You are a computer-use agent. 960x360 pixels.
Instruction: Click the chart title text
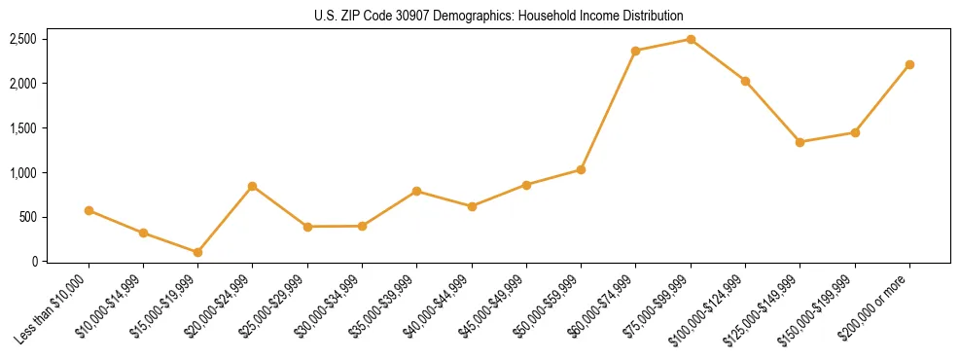click(x=499, y=17)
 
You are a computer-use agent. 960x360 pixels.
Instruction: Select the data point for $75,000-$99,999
click(x=691, y=40)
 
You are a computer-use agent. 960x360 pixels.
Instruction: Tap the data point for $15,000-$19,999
click(x=197, y=252)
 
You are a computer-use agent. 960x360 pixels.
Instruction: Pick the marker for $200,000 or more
click(x=909, y=65)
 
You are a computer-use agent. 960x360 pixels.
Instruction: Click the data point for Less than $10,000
click(x=89, y=210)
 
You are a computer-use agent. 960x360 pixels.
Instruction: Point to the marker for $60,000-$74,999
click(x=635, y=51)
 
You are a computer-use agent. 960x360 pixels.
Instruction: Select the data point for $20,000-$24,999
click(x=253, y=186)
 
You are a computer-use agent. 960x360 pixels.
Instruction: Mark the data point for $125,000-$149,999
click(x=800, y=142)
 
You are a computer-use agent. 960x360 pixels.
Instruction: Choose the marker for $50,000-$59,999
click(x=581, y=169)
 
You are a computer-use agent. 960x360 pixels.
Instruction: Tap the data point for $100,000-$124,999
click(x=745, y=81)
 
